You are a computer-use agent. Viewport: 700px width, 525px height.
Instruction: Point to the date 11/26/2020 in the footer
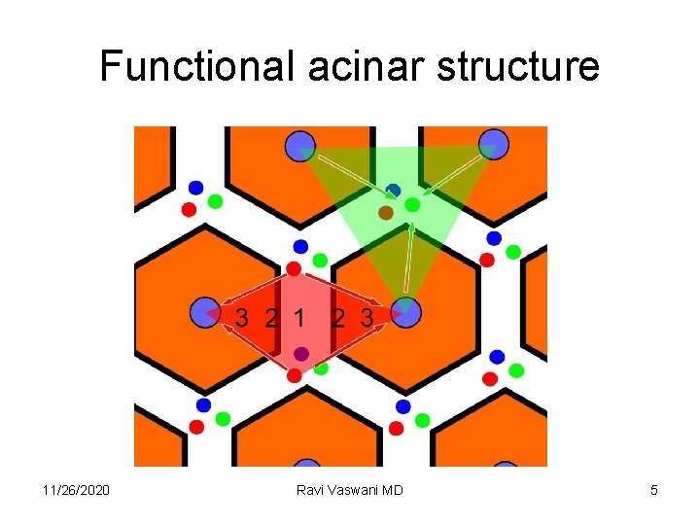(77, 490)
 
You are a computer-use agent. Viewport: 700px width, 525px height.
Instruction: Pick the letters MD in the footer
(392, 490)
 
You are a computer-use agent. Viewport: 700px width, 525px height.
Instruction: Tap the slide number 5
(654, 490)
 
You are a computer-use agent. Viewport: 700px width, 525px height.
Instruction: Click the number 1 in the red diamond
(299, 317)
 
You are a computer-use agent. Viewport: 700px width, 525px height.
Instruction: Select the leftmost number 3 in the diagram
(242, 317)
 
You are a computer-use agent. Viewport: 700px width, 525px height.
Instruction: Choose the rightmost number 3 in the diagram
(367, 317)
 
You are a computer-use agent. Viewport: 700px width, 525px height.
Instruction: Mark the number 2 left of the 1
(271, 317)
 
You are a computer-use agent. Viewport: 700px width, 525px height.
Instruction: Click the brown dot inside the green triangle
(386, 212)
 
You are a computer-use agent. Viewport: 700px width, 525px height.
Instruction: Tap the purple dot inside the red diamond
(301, 354)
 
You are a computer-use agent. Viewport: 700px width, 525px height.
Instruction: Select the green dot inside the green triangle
(412, 204)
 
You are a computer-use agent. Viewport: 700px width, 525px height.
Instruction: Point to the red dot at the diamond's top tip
(294, 267)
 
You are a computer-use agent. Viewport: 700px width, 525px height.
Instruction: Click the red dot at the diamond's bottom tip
(295, 375)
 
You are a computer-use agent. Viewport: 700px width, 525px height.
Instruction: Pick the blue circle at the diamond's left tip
(204, 312)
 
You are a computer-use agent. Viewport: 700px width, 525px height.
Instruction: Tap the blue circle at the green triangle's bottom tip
(405, 312)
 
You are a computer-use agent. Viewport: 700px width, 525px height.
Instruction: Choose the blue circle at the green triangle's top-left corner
(300, 146)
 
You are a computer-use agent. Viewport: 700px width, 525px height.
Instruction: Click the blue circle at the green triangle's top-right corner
(493, 144)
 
